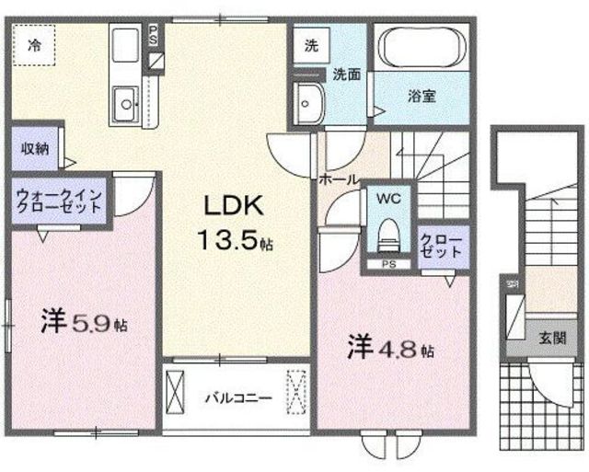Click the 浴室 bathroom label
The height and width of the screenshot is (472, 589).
[422, 95]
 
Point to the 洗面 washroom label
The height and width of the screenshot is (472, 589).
[346, 74]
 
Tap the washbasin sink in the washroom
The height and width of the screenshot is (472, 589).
[309, 101]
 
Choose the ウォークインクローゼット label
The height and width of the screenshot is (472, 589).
[62, 201]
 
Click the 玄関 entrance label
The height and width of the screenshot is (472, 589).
[553, 337]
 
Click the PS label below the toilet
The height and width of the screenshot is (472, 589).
[388, 266]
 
